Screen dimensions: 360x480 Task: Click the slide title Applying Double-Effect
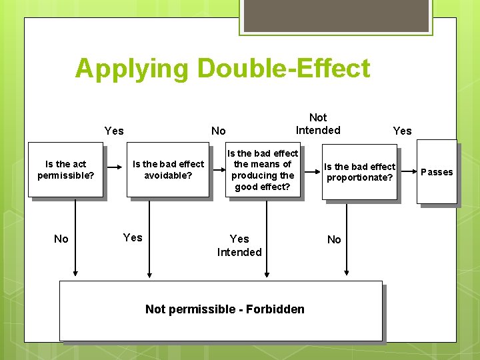pos(222,69)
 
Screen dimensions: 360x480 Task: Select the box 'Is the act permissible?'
pos(65,170)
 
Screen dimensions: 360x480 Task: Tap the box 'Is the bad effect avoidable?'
pos(168,170)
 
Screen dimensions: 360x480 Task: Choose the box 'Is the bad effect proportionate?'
pos(359,172)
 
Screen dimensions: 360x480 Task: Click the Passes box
pos(437,172)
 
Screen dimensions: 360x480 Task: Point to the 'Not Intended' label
pos(318,124)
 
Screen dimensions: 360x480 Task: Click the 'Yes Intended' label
pos(239,245)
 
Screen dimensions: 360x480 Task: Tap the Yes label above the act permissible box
pos(114,131)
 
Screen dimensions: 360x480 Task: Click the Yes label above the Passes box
pos(402,131)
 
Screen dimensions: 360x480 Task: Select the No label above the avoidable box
pos(218,131)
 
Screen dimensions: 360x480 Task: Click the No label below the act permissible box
pos(61,239)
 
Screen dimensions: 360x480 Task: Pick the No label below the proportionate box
pos(334,239)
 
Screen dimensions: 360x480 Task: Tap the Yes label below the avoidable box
pos(133,237)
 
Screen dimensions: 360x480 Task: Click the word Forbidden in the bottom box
pos(275,309)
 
